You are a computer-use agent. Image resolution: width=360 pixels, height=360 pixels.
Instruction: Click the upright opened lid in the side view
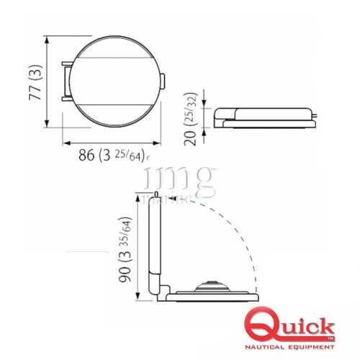[151, 245]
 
